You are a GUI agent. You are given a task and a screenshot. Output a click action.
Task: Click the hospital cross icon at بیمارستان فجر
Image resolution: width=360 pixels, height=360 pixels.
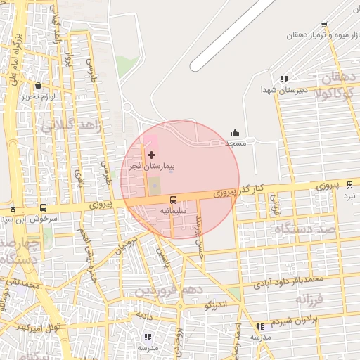151,153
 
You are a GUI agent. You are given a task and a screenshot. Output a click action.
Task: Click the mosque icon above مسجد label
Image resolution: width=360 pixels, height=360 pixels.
235,132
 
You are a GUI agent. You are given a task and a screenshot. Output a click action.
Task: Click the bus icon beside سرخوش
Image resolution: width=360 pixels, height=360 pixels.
44,207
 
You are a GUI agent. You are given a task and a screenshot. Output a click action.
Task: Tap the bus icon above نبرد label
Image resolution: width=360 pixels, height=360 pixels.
349,184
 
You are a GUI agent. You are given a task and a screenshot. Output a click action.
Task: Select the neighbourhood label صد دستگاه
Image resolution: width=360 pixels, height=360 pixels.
305,229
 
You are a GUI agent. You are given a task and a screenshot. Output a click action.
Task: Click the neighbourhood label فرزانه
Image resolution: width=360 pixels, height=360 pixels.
312,299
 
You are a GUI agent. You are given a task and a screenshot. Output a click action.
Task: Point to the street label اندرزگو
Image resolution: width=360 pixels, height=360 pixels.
215,305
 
